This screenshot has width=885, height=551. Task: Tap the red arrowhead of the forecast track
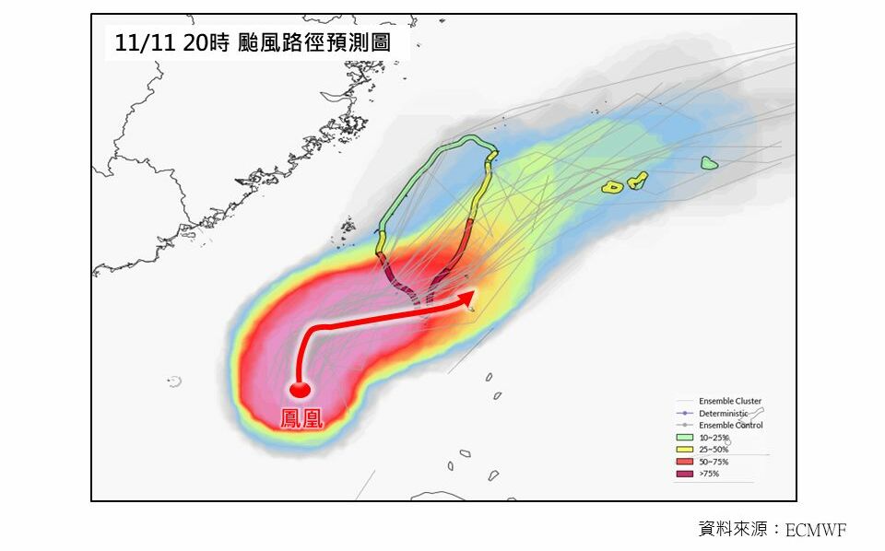point(467,297)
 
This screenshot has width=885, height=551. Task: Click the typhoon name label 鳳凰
point(301,419)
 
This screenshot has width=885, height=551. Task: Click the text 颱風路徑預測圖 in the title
point(313,41)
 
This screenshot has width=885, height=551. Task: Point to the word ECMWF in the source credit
point(815,530)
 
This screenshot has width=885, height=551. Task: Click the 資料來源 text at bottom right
point(728,530)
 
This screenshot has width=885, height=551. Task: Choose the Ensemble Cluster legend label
point(730,401)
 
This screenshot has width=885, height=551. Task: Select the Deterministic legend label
point(724,414)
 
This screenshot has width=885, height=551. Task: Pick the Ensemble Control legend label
point(730,426)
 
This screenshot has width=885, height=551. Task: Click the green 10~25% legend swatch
point(685,438)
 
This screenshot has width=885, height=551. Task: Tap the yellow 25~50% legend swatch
point(685,450)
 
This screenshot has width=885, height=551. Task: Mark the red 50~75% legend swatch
point(685,462)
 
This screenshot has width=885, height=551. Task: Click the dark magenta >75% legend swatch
point(685,474)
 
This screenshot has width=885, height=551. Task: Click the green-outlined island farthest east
point(708,163)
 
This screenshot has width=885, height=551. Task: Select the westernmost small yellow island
point(612,188)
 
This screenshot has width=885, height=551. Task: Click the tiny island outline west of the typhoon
point(174,381)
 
